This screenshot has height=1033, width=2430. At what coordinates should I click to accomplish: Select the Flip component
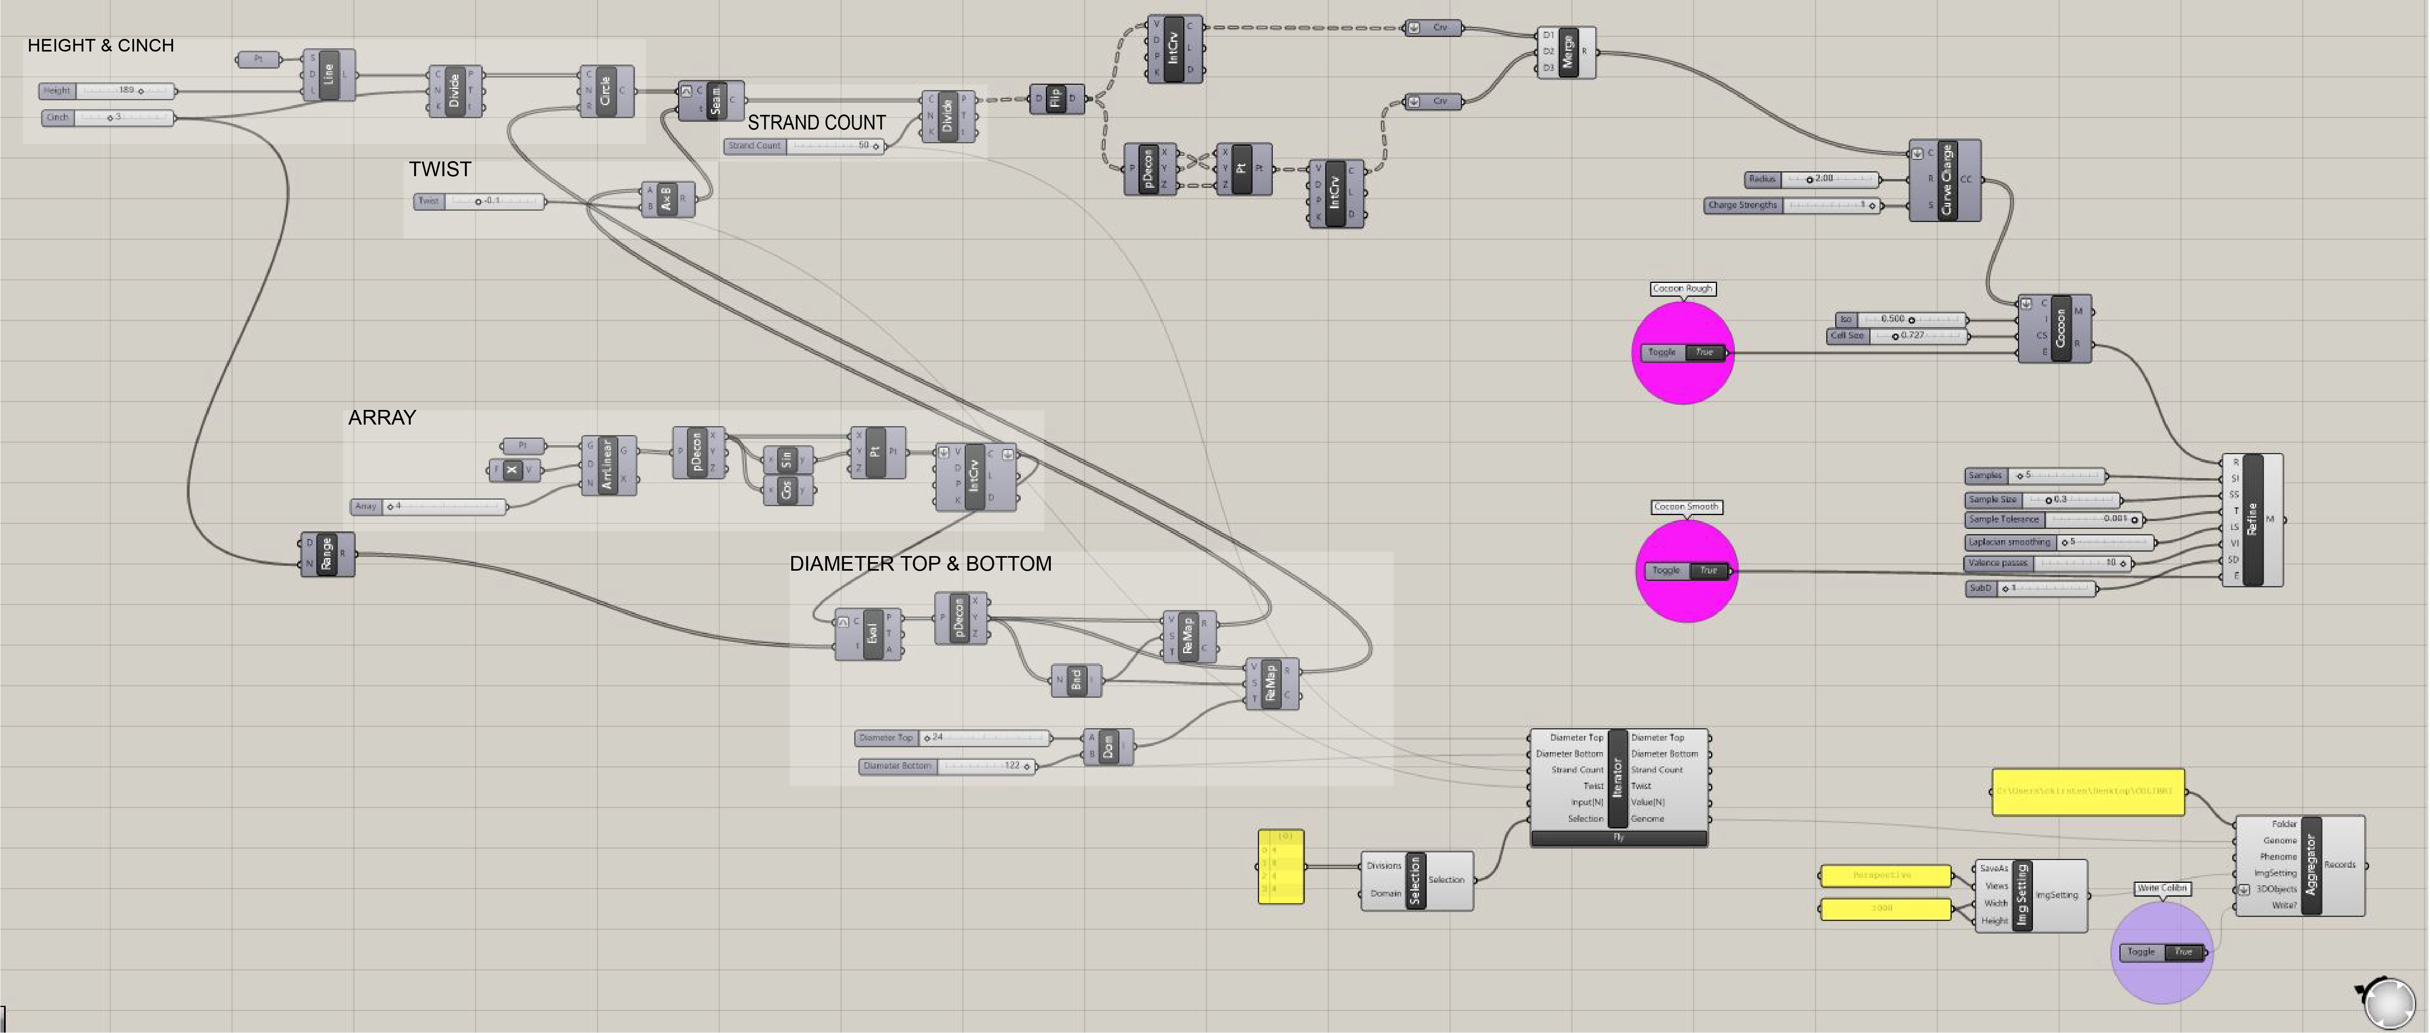[x=1056, y=98]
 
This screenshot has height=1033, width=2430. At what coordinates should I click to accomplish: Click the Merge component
[x=1567, y=52]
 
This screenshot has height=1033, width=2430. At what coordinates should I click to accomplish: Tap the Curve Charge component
[x=1945, y=179]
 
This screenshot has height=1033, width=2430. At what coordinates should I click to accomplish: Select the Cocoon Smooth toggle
[x=1688, y=571]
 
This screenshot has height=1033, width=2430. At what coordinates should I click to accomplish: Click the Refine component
[x=2253, y=520]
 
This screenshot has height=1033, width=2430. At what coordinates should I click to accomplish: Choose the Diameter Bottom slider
[x=948, y=766]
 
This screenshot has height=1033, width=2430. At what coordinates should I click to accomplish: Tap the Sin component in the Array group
[x=787, y=459]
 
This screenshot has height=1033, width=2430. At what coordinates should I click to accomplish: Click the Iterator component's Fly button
[x=1619, y=838]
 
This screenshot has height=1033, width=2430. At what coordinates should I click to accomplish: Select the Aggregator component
[x=2310, y=865]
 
